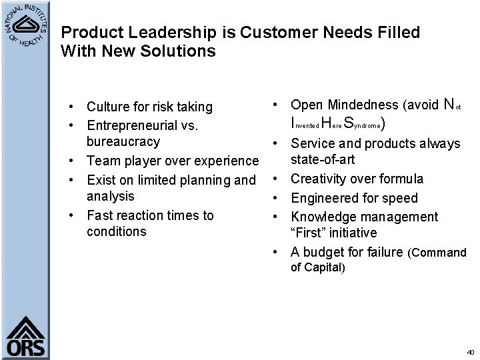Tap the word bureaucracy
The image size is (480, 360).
(x=123, y=141)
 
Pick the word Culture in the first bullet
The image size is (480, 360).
(x=108, y=107)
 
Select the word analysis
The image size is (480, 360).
(x=111, y=196)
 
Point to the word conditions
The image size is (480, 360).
(x=116, y=231)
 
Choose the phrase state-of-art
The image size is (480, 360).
(x=323, y=159)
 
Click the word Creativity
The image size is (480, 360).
(x=319, y=179)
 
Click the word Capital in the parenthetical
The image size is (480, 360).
(x=323, y=267)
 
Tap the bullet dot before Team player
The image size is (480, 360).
(x=79, y=161)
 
